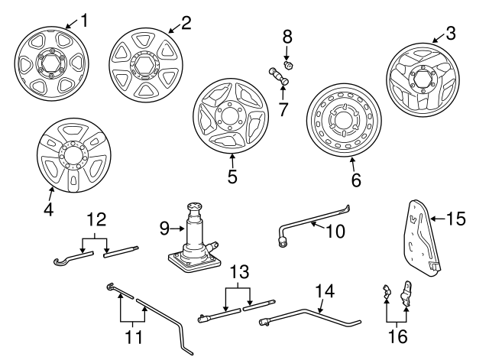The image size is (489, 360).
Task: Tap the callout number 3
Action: (451, 33)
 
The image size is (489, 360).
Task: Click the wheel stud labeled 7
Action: (278, 76)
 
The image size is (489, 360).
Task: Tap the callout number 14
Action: (325, 290)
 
